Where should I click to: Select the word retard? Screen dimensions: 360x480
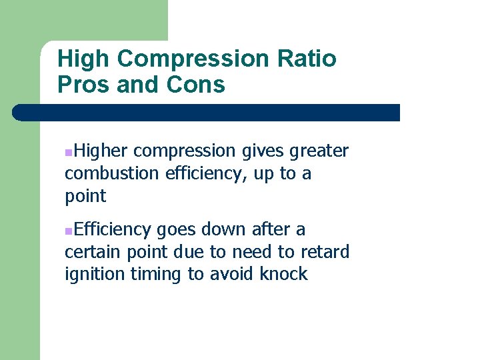click(325, 252)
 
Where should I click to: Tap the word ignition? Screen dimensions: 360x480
click(90, 275)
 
